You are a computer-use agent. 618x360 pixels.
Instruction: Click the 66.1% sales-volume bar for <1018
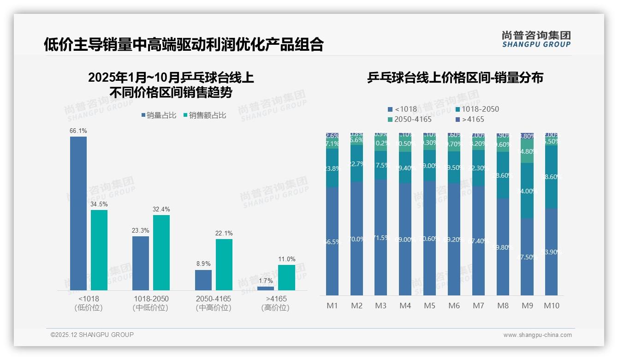tap(78, 213)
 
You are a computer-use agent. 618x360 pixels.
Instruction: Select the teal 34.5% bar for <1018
tap(99, 250)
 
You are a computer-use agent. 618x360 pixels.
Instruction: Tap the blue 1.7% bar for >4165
tap(265, 288)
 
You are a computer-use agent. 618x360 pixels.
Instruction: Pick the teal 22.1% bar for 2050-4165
tap(224, 264)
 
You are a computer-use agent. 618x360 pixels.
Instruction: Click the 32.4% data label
tap(161, 210)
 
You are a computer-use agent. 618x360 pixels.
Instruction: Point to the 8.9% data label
tap(203, 264)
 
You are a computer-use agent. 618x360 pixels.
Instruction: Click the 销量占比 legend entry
tap(159, 115)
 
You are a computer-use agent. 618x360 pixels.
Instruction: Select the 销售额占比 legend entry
tap(204, 115)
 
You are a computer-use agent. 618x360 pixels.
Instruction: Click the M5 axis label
tap(429, 306)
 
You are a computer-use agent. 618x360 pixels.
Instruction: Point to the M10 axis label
tap(551, 306)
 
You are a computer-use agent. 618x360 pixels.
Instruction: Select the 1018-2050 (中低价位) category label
tap(150, 303)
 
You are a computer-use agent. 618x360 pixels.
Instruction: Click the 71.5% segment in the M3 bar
tap(380, 237)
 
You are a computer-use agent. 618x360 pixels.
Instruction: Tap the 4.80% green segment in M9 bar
tap(527, 151)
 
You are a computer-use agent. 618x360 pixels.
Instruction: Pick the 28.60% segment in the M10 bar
tap(551, 177)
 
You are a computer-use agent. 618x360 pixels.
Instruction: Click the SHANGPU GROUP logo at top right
tap(536, 39)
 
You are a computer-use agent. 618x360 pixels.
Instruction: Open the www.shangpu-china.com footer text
tap(537, 335)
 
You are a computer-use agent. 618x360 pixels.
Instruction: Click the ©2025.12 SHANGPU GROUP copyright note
tap(92, 335)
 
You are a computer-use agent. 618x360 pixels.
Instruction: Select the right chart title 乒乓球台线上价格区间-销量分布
tap(455, 78)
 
